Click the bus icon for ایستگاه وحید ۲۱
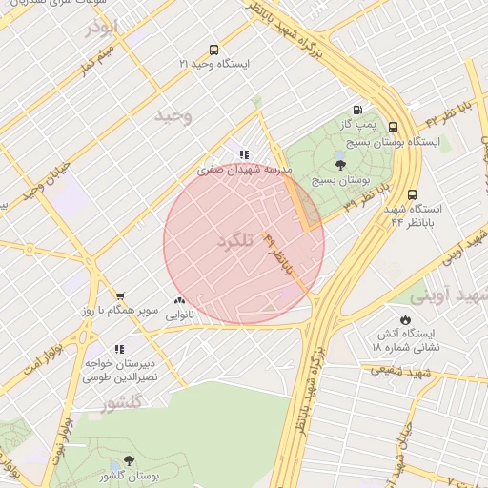point(213,49)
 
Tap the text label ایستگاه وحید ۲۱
point(213,64)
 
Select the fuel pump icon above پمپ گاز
point(357,110)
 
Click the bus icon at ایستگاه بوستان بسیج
point(393,127)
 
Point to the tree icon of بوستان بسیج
point(341,165)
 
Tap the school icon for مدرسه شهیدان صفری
point(244,153)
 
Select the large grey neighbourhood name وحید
point(173,115)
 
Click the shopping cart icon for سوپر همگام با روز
point(120,296)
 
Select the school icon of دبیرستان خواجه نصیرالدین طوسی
point(119,349)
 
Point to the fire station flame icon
point(406,320)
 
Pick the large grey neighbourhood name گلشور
point(121,403)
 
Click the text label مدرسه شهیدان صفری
point(242,170)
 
